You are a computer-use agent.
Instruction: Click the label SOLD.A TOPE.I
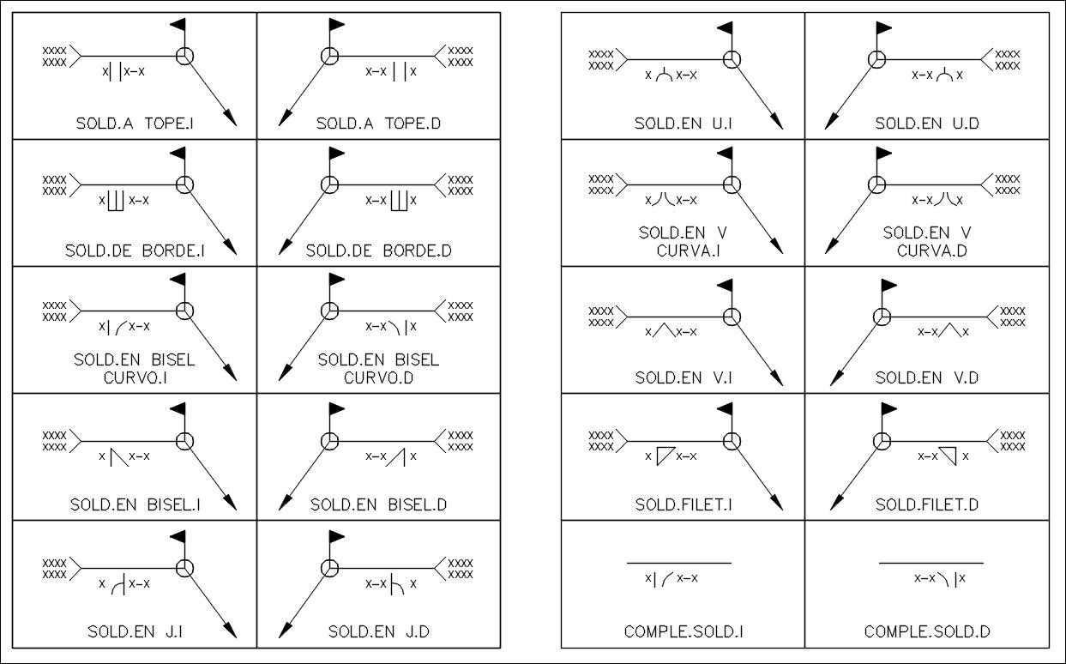(135, 124)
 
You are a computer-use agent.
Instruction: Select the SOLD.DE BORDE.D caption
(378, 251)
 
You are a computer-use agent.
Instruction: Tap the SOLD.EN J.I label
(135, 632)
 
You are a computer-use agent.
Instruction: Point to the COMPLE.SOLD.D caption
(927, 632)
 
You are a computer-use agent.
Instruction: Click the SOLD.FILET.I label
(684, 505)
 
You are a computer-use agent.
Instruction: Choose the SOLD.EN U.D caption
(927, 124)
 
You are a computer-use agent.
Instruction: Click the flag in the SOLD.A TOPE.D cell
(336, 25)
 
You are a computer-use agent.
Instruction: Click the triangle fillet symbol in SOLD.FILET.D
(949, 456)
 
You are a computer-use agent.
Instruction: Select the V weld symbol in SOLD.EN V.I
(661, 329)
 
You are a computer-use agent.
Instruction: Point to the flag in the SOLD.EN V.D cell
(888, 286)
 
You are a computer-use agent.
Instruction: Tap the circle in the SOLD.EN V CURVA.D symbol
(876, 184)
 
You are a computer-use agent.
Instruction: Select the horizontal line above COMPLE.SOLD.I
(679, 564)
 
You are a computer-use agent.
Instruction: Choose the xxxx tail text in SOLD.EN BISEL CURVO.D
(461, 311)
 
